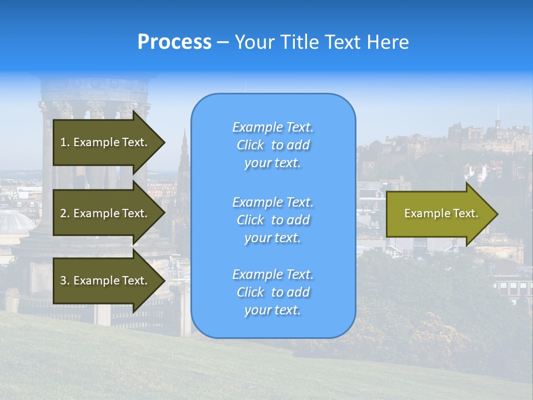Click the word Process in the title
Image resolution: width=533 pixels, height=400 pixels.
(174, 42)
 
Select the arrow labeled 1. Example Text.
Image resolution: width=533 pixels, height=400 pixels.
(105, 142)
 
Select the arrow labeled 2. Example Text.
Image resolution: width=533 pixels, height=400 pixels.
(105, 213)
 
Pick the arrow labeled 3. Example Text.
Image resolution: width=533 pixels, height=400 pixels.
(105, 281)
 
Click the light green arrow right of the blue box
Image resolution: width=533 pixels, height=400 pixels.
(439, 214)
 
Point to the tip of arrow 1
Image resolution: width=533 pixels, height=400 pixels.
(164, 142)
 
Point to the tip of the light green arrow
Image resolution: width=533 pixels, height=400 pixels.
(497, 214)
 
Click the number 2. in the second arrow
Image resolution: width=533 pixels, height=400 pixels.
(65, 213)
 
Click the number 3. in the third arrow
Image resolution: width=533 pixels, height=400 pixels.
(65, 281)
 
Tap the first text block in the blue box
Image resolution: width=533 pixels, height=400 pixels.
(273, 145)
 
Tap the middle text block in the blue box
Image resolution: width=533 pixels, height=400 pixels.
(273, 219)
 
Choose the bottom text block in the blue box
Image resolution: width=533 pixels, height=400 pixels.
(273, 292)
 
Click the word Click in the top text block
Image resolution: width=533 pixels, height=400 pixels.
(250, 145)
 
